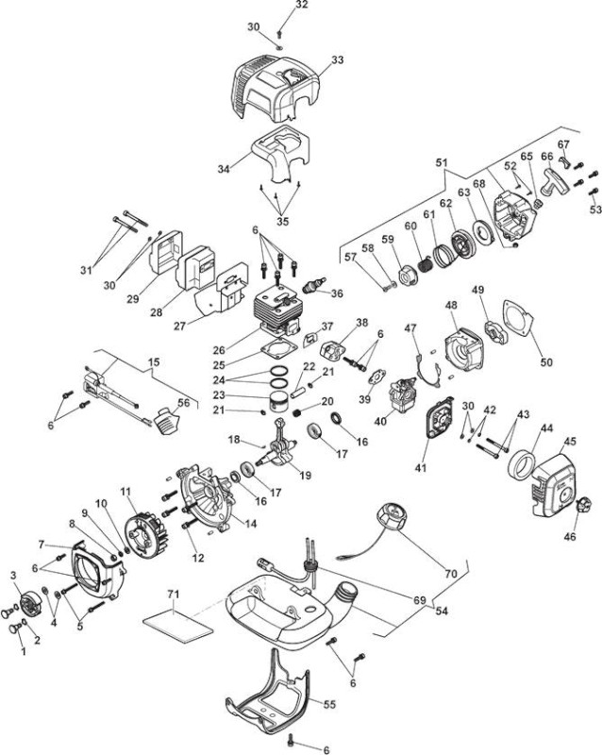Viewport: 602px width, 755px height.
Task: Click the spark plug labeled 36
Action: (313, 284)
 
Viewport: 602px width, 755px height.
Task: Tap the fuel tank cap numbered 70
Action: (397, 515)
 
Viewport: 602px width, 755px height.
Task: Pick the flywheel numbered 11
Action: (142, 534)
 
